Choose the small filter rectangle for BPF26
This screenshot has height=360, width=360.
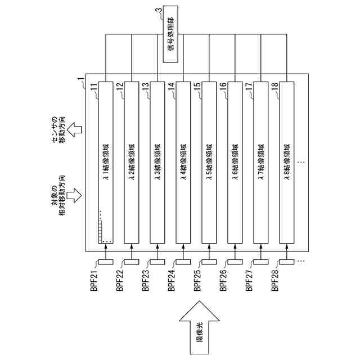coord(235,262)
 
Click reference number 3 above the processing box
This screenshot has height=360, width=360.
coord(159,10)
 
